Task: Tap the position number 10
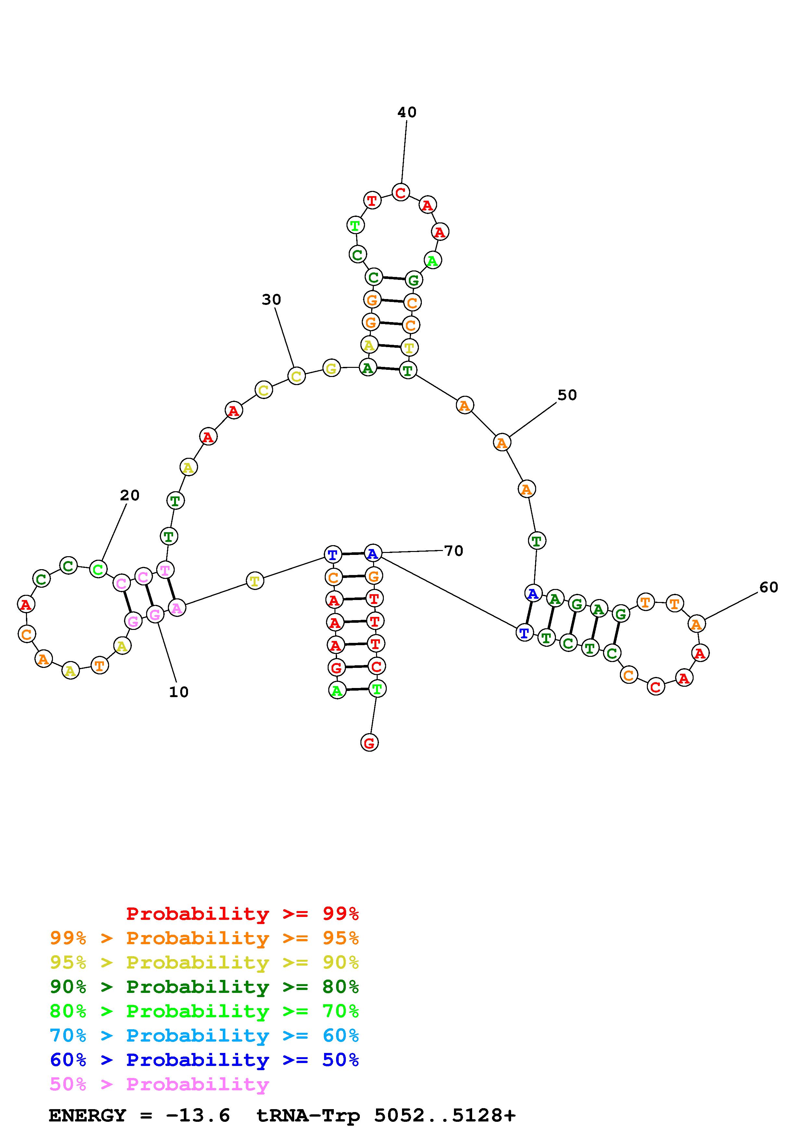(x=179, y=692)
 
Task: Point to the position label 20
(x=130, y=495)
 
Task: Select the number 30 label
(x=271, y=300)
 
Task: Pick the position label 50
(x=567, y=395)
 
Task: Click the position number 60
(x=768, y=587)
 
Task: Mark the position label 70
(x=453, y=551)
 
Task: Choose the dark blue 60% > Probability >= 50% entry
(x=204, y=1060)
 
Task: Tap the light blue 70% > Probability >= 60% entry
(x=204, y=1036)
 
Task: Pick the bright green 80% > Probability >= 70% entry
(x=204, y=1011)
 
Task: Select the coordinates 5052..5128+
(x=445, y=1116)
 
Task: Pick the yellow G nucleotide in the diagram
(x=331, y=369)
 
